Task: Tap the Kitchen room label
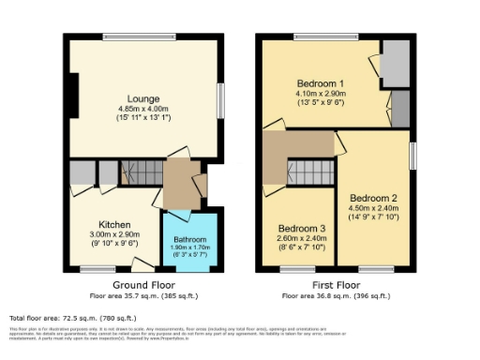[x=114, y=225]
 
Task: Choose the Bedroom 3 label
[x=302, y=228]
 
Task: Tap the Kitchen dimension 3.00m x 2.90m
[x=114, y=235]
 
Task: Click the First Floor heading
[x=335, y=284]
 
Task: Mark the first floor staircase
[x=310, y=172]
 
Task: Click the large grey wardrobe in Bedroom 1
[x=395, y=67]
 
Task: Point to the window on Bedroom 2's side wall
[x=412, y=156]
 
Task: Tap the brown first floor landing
[x=298, y=145]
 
